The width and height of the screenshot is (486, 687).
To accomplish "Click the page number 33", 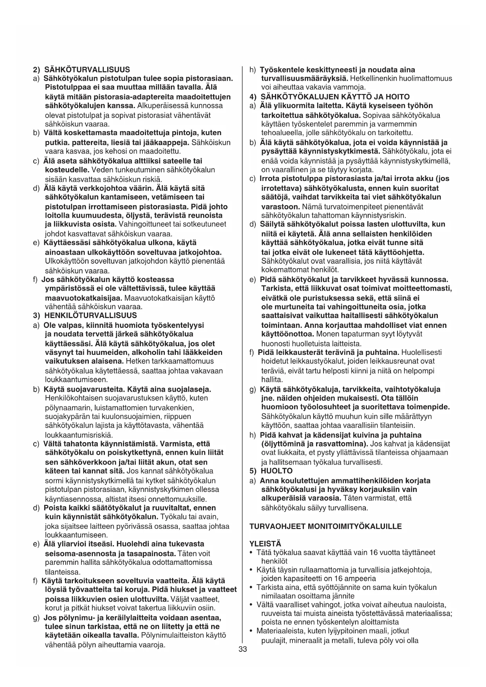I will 242,649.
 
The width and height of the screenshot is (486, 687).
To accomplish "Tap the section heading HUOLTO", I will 276,471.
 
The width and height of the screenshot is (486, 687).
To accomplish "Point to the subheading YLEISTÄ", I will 265,544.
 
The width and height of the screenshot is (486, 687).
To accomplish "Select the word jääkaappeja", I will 170,142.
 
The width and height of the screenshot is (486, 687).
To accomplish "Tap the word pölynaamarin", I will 66,408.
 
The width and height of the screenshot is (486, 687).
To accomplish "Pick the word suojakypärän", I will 68,416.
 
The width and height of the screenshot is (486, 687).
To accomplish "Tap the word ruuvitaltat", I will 163,508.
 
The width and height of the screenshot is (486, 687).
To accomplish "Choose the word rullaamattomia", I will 311,569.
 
